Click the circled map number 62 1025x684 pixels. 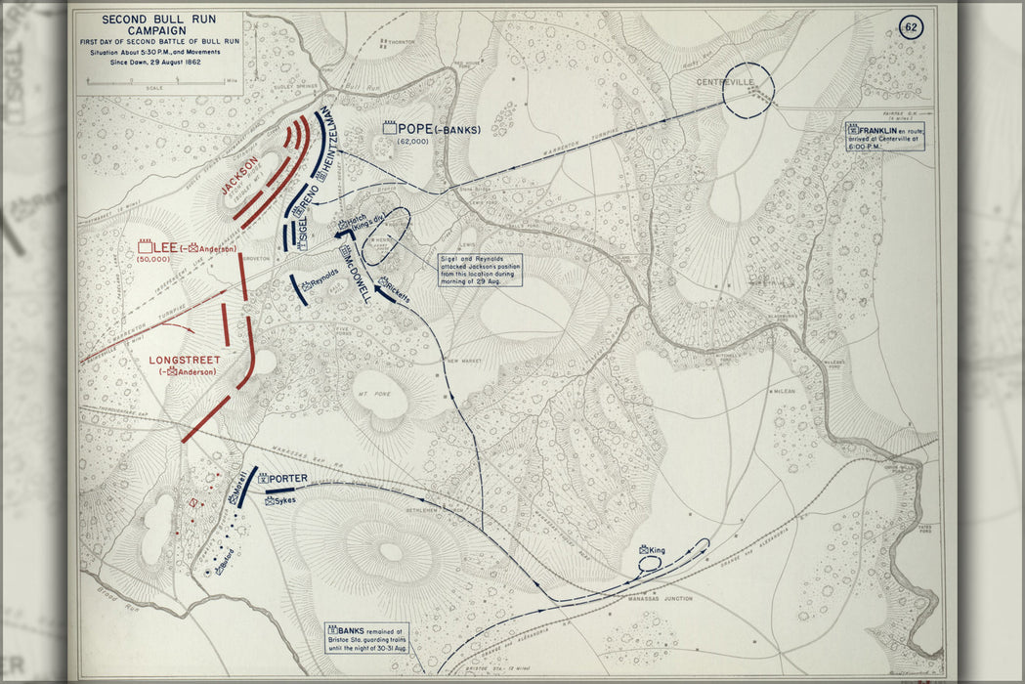911,27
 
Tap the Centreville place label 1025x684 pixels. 724,82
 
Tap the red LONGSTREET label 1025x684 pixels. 185,360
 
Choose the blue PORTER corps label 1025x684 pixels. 287,478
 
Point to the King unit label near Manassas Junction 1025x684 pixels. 653,550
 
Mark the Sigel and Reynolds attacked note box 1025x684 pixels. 479,270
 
